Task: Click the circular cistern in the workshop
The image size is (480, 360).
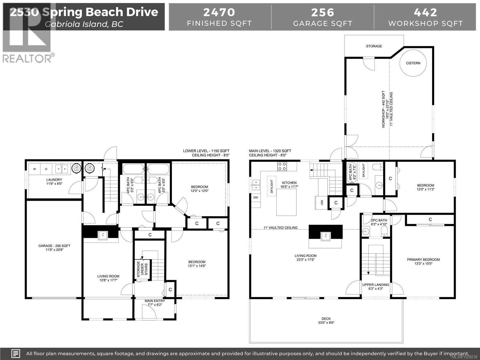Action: coord(413,63)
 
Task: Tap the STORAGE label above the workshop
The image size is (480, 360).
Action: coord(374,46)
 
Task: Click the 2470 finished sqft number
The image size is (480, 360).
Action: coord(219,12)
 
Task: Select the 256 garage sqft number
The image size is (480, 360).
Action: coord(322,12)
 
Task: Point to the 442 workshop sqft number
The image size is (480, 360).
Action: coord(425,12)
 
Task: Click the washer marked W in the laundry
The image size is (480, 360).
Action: coord(34,169)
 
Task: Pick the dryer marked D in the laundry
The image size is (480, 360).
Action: coord(46,169)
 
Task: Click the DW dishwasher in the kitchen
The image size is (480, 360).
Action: coord(256,197)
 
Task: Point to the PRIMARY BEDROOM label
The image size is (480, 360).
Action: coord(423,259)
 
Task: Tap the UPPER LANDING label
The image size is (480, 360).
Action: coord(376,285)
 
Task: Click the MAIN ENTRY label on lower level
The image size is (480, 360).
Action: coord(154,301)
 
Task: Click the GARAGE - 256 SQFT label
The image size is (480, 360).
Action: coord(54,246)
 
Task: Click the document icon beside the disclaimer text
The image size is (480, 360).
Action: coord(16,353)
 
